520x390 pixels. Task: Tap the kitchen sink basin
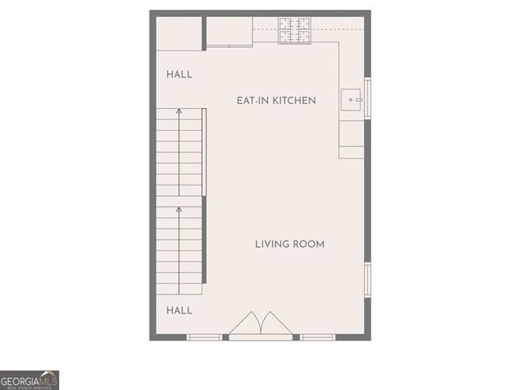352,100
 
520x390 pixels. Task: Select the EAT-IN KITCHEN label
275,101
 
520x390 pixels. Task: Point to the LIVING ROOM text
290,244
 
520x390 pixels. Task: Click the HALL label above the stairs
180,75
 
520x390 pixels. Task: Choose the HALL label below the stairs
180,310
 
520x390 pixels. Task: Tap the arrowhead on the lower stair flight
179,210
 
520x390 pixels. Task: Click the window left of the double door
204,336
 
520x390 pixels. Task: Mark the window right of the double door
318,336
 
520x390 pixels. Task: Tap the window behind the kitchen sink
367,98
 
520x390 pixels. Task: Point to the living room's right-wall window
367,279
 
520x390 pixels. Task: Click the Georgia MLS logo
29,379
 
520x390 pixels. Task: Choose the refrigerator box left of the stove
229,31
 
